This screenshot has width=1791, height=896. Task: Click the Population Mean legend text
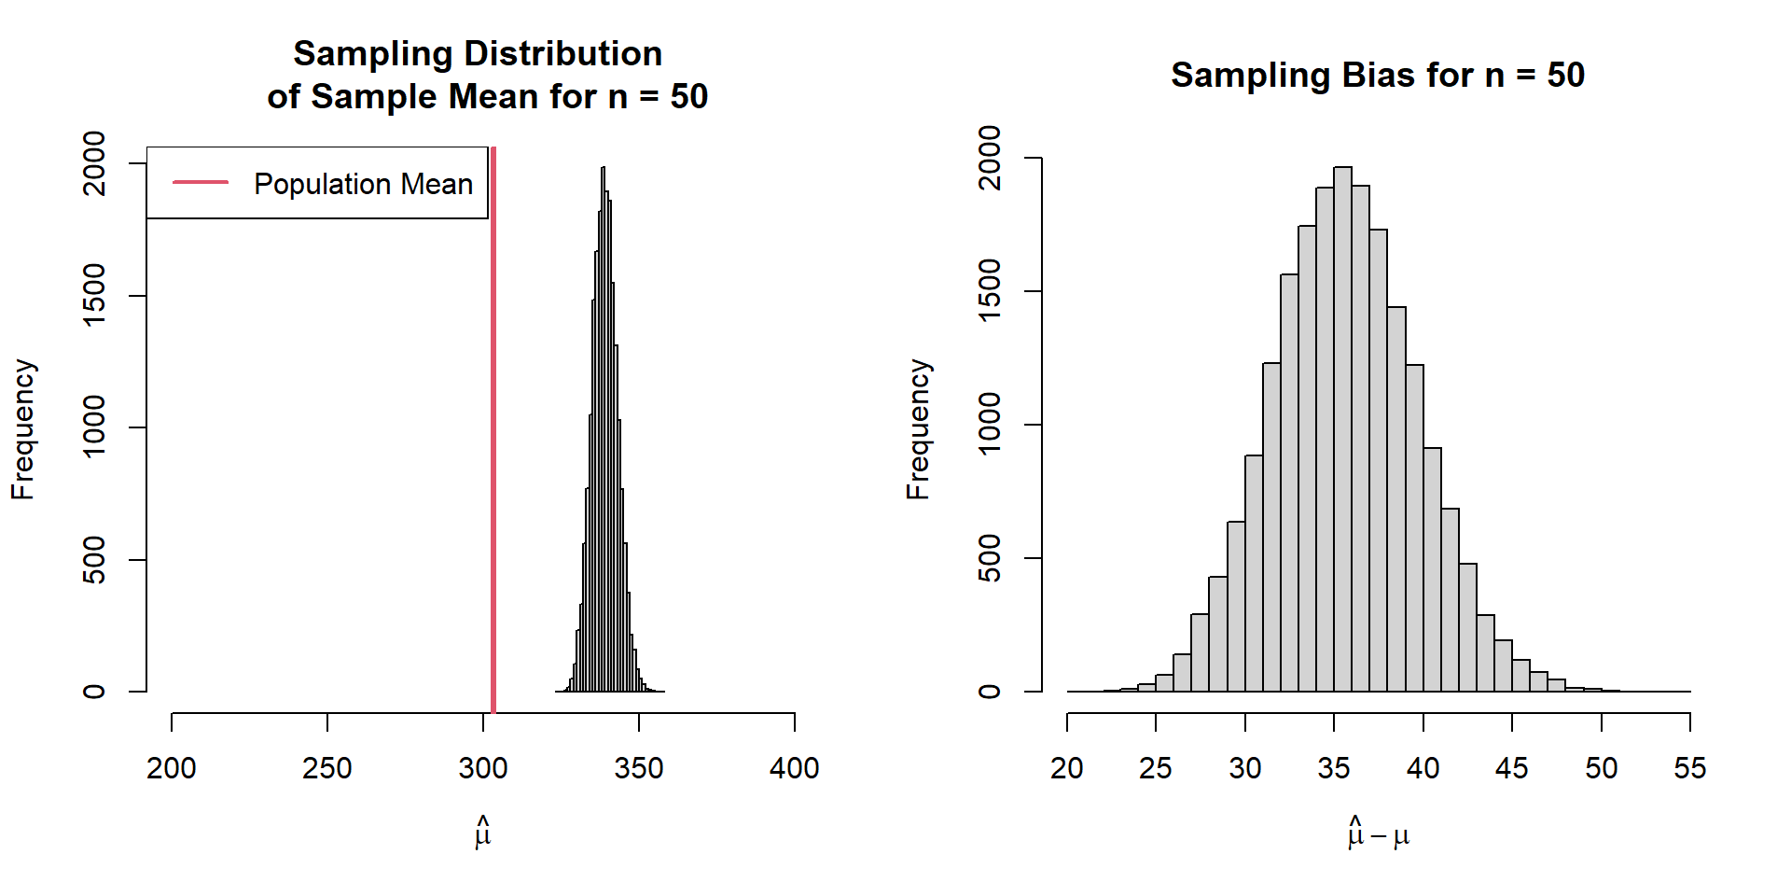tap(363, 184)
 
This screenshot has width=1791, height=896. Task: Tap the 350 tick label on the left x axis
tap(639, 768)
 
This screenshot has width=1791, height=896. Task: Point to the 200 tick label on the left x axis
tap(172, 768)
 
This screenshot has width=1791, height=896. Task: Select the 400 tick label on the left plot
tap(794, 768)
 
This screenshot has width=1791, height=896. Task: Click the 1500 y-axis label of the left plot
tap(95, 295)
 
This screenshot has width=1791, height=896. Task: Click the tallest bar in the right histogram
tap(1342, 429)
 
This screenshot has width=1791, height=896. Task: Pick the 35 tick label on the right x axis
tap(1334, 768)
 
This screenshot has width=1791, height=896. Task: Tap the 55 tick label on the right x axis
tap(1689, 768)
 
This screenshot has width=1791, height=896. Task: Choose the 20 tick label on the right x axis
tap(1067, 768)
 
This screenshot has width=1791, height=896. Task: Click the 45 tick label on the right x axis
tap(1511, 768)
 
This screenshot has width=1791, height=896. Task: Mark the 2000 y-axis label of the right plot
tap(990, 158)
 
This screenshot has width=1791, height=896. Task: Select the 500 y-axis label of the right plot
tap(990, 558)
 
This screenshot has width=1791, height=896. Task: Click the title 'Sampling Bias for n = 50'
tap(1378, 76)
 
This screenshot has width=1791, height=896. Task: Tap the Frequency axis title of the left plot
tap(23, 429)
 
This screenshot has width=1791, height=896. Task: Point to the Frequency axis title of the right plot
tap(919, 429)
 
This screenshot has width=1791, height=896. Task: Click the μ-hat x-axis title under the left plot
tap(482, 833)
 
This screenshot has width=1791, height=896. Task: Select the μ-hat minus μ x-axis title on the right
tap(1378, 833)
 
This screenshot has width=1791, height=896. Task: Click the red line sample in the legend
tap(201, 183)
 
